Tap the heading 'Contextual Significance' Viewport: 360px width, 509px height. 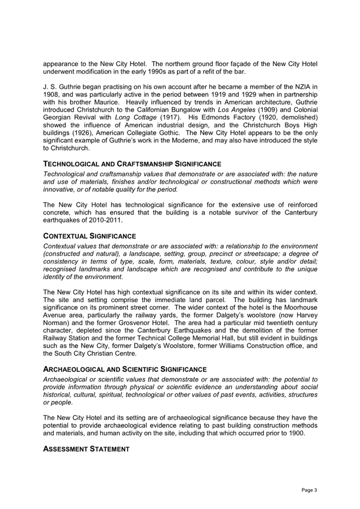point(89,236)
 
